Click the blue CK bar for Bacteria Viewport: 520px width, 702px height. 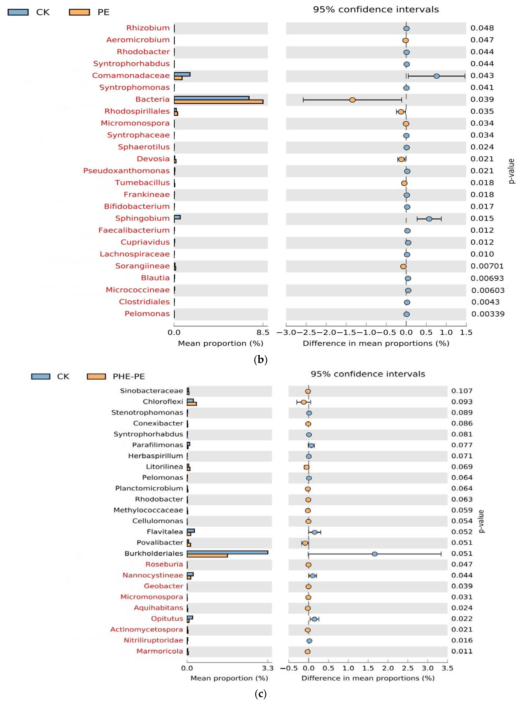212,98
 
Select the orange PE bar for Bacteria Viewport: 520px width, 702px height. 218,102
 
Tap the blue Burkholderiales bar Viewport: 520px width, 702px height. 227,552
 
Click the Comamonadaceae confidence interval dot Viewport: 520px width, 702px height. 436,76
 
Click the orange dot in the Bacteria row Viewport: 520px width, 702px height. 352,100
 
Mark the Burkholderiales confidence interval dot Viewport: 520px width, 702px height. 375,554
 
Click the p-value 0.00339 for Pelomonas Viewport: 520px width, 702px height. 488,314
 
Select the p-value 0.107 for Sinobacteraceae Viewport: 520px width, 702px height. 462,391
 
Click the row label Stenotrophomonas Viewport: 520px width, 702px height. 147,413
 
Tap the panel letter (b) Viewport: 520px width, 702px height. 260,360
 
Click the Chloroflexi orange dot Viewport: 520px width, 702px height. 303,402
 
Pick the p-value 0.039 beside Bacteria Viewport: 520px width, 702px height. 482,99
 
